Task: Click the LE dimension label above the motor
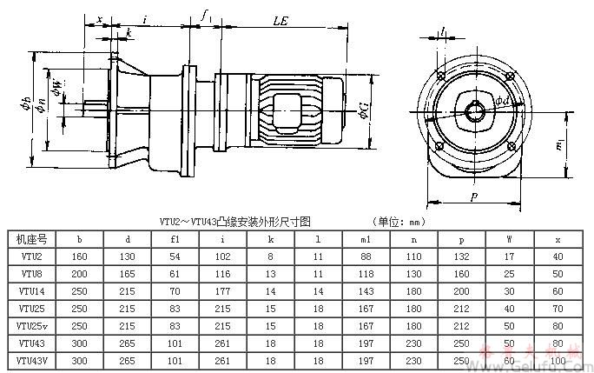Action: (x=280, y=18)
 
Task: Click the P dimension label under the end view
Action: (x=474, y=197)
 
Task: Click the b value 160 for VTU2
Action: (x=79, y=256)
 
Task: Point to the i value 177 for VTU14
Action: (x=223, y=290)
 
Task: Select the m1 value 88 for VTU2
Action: (x=366, y=256)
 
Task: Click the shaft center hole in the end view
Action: (x=473, y=110)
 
